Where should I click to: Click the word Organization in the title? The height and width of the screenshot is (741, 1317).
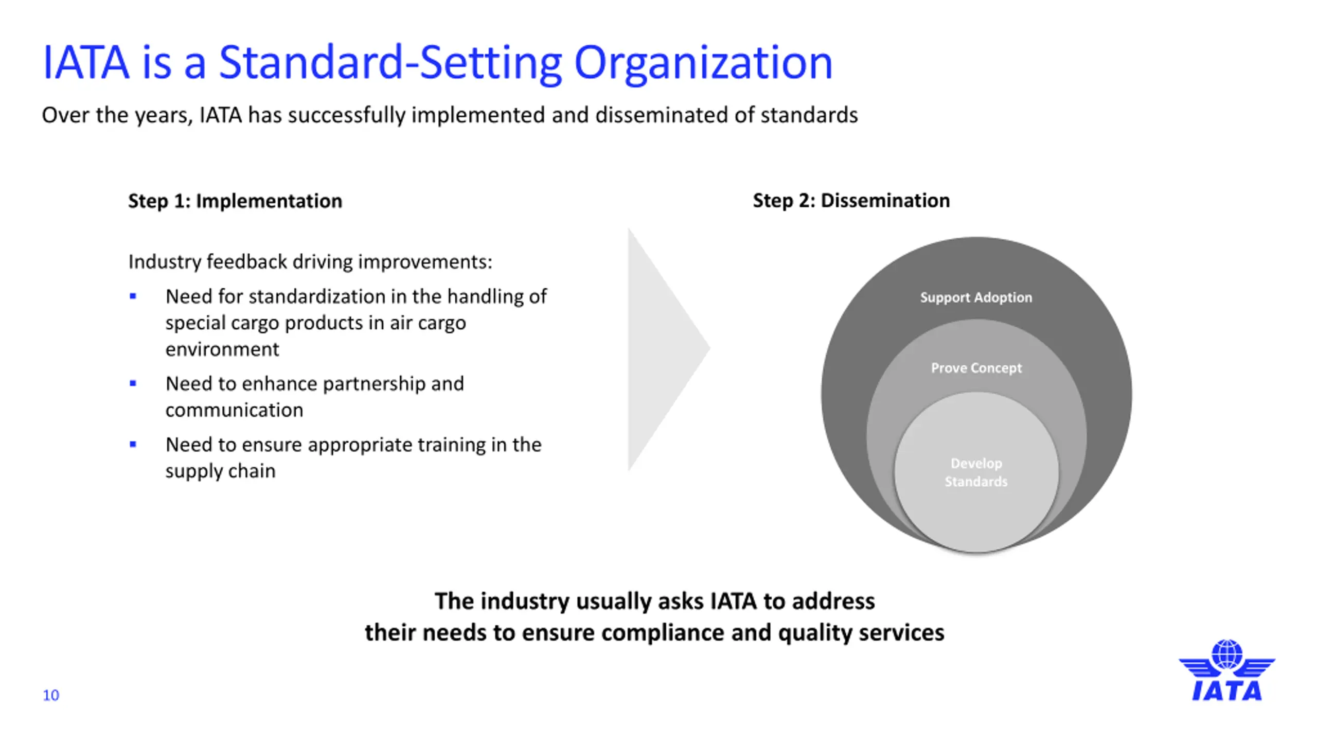point(703,63)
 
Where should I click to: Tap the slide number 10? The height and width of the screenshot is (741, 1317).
point(51,695)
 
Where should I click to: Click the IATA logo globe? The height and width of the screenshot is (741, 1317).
point(1227,654)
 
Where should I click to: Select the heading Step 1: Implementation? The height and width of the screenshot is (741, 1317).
point(235,201)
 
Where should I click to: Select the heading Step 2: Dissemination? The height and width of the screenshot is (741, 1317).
point(851,200)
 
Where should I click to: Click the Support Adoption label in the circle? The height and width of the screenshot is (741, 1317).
point(976,297)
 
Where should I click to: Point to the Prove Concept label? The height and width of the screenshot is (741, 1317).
point(976,368)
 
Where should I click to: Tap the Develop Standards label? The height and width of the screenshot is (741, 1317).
point(976,472)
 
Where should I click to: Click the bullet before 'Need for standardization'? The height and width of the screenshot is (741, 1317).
point(133,296)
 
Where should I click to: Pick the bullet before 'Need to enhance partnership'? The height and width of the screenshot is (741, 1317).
point(133,383)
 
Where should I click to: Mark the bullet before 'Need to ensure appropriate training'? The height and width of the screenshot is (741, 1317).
point(133,444)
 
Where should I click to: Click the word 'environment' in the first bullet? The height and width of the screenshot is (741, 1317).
point(222,349)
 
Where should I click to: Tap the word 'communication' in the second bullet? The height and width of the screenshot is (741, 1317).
point(234,410)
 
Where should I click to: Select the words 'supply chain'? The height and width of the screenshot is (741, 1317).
point(220,471)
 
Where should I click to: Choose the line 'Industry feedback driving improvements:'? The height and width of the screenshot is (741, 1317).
point(310,261)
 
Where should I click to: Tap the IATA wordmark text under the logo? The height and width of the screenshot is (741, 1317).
point(1227,691)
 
